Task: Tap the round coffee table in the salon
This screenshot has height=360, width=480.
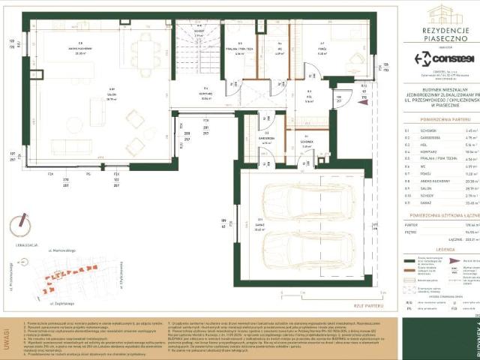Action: [x=135, y=118]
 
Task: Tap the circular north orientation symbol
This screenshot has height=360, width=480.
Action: [x=22, y=226]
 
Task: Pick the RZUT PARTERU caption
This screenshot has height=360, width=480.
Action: [x=372, y=306]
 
